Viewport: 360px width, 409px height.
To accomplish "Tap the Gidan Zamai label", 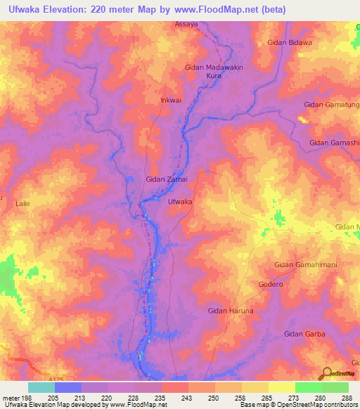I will (166, 179).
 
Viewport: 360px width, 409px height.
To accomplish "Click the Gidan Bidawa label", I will (289, 43).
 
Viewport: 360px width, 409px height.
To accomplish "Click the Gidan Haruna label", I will (230, 310).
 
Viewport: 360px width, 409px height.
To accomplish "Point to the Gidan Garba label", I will (304, 334).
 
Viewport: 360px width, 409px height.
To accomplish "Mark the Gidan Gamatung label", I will (330, 105).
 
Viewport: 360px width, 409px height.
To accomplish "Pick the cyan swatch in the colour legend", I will (41, 387).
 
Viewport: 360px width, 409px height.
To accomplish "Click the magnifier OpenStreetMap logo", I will (327, 374).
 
